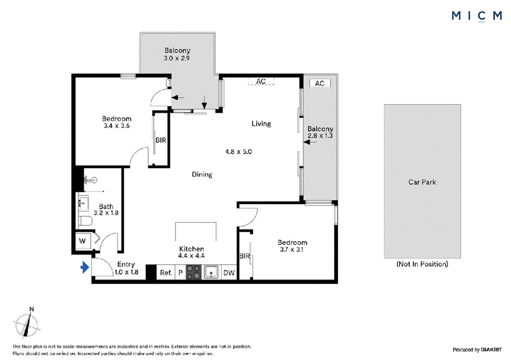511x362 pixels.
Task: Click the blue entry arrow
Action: tap(85, 268)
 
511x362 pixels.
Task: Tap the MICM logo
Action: tap(477, 15)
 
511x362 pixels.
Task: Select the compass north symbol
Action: tap(27, 323)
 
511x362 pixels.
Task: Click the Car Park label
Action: tap(422, 182)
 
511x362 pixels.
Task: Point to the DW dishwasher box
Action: tap(229, 272)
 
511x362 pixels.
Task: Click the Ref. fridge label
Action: tap(166, 272)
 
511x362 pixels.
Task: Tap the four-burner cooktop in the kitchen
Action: tap(194, 272)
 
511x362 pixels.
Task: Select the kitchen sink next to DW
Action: tap(211, 272)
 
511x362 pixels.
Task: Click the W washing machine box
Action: tap(83, 241)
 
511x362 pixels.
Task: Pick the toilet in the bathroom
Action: tap(86, 221)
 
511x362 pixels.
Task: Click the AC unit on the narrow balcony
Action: tap(320, 83)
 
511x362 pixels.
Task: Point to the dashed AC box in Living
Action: tap(261, 81)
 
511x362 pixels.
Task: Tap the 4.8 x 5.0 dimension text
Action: tap(238, 152)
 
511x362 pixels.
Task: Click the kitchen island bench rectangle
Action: tap(196, 232)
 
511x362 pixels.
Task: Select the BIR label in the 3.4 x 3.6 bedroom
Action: tap(161, 140)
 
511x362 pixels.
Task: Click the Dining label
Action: tap(202, 175)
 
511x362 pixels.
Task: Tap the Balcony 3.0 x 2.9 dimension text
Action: tap(177, 58)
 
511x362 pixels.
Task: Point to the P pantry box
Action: tap(181, 272)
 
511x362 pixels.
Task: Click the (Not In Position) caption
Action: tap(422, 264)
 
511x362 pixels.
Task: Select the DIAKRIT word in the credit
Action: tap(491, 350)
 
